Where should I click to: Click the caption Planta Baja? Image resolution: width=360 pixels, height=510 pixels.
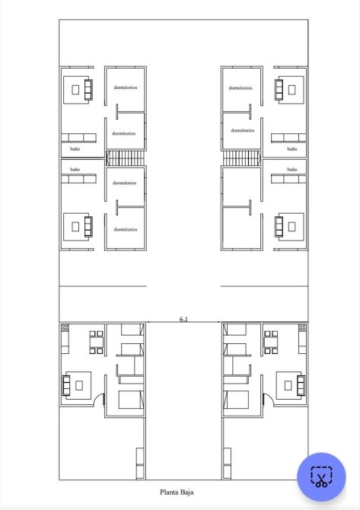177,492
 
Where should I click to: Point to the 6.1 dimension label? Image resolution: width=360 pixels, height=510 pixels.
183,320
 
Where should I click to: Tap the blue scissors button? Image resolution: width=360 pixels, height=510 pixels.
321,477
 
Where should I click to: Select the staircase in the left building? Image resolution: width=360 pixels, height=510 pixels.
126,158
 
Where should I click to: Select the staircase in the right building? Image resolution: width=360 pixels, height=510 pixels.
241,158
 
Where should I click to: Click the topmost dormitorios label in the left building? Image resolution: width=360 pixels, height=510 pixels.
126,88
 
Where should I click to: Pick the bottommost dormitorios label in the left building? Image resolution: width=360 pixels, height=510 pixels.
126,229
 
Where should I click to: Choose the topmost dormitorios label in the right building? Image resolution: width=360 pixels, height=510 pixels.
241,88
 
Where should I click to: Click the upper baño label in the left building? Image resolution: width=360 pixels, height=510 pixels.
75,149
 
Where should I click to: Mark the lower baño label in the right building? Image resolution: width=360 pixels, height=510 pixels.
292,170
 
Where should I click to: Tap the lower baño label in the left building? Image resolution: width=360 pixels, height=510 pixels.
75,170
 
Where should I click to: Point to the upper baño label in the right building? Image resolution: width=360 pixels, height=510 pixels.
292,149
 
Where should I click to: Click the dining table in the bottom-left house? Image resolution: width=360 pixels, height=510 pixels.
96,343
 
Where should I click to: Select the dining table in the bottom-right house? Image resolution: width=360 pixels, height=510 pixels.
271,343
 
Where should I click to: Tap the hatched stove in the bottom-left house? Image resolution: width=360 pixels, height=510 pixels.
65,327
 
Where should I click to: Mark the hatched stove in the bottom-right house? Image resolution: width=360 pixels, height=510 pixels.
302,327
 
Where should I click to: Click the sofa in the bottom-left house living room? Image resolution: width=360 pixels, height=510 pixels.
66,385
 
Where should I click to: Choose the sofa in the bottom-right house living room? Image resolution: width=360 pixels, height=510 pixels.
301,385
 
